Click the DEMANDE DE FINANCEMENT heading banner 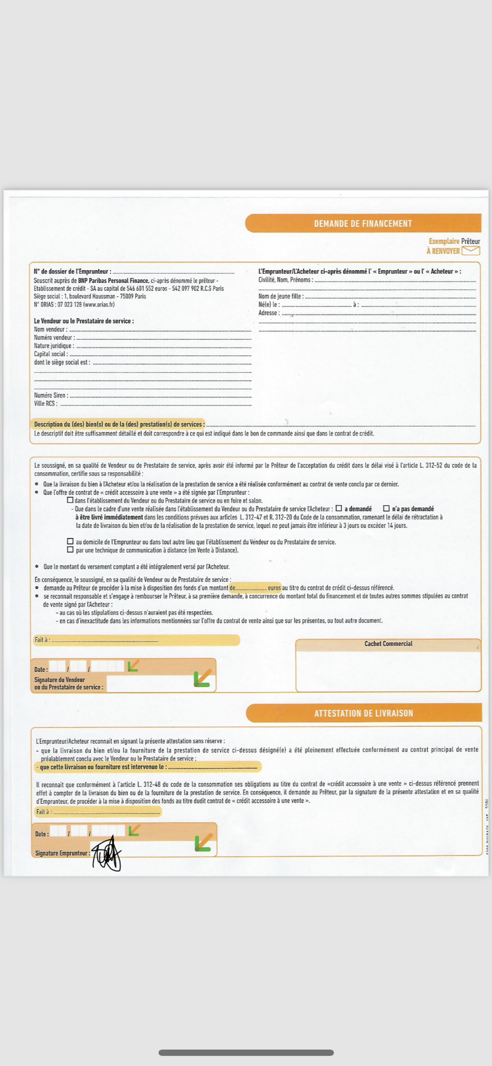(x=363, y=223)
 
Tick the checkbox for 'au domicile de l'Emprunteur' (x=70, y=541)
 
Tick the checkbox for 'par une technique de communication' (x=70, y=550)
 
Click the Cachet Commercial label (x=388, y=644)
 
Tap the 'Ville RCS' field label (x=46, y=403)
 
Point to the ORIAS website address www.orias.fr (x=99, y=305)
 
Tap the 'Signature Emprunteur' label (x=62, y=853)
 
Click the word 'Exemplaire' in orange (x=444, y=241)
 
